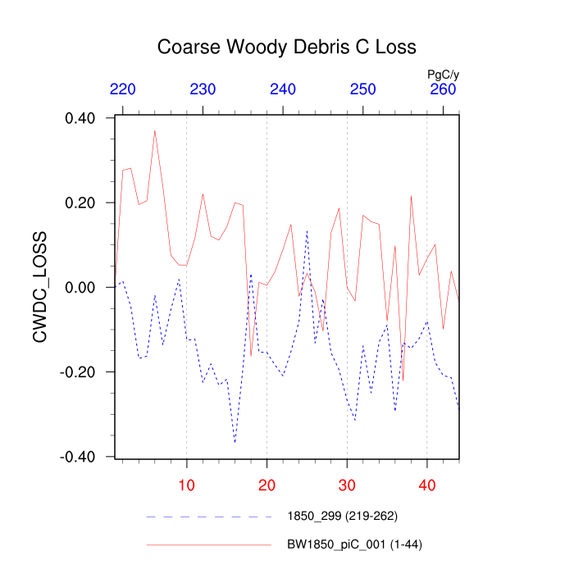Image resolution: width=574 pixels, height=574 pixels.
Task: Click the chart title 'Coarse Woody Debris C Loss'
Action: point(287,47)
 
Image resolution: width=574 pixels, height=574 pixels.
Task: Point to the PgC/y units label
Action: point(444,74)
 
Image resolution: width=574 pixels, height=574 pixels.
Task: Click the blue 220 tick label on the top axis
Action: point(123,89)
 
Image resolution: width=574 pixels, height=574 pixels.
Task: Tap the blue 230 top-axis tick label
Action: point(203,89)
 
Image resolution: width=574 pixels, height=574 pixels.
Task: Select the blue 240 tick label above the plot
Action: point(283,89)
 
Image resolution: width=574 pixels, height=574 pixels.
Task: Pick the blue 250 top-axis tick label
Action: point(363,89)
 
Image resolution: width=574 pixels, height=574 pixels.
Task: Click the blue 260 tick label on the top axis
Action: point(444,89)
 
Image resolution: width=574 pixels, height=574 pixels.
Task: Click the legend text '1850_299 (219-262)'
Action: point(342,517)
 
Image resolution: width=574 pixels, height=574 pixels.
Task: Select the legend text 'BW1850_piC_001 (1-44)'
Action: point(354,544)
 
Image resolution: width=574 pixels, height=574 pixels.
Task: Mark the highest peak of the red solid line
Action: point(154,130)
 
